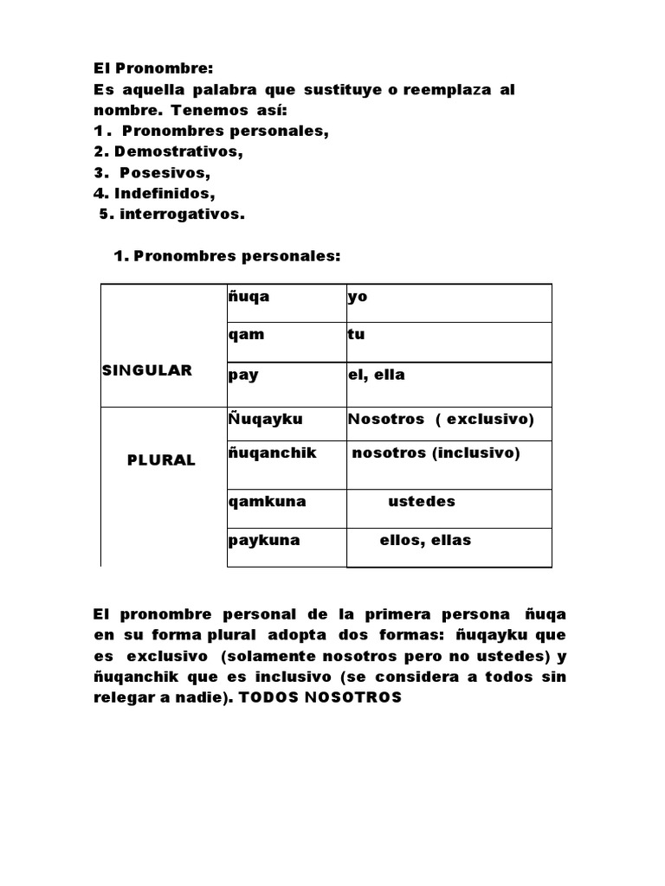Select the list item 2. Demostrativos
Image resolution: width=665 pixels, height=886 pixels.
168,151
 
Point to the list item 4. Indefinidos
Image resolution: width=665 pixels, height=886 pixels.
153,193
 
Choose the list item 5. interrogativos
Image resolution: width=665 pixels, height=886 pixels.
171,215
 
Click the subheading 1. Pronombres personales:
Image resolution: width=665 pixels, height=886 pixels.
228,257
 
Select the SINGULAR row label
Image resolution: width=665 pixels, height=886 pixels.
147,370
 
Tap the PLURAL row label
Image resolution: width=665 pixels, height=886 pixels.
162,460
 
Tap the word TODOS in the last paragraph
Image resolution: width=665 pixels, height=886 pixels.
272,697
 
